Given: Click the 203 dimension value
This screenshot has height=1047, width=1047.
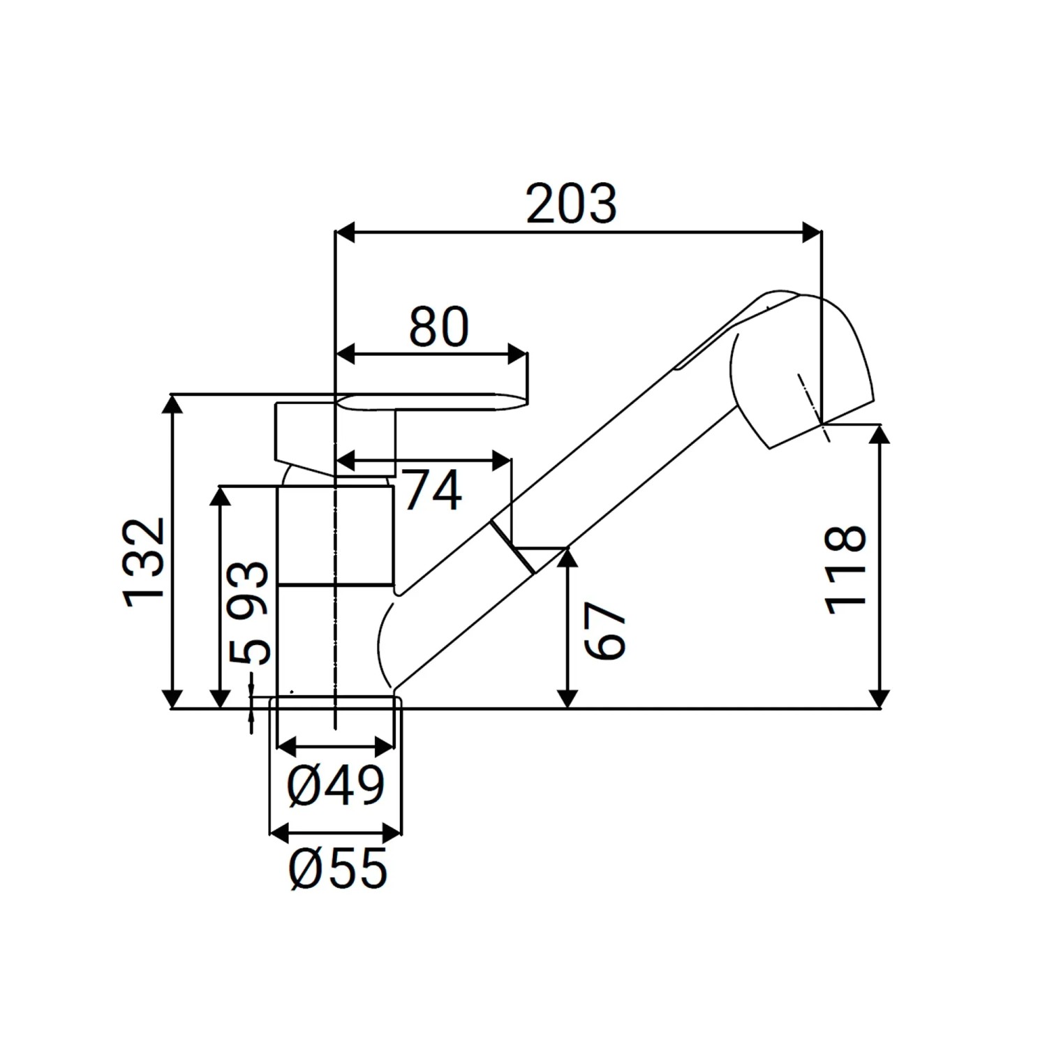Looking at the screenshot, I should tap(571, 204).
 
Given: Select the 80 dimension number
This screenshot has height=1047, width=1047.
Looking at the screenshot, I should tap(438, 327).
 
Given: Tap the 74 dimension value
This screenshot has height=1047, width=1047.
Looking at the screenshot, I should tap(432, 490).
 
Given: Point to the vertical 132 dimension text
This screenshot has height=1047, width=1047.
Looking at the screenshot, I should tap(144, 563).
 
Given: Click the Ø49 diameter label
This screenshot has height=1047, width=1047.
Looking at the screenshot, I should tap(336, 785).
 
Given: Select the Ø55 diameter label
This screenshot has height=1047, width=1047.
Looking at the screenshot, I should tap(338, 869).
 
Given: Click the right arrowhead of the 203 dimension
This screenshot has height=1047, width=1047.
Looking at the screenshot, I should tap(812, 233).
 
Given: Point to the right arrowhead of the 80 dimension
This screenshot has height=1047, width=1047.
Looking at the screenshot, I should tap(517, 354).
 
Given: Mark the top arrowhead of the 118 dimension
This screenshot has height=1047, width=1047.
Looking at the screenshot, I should tap(881, 434).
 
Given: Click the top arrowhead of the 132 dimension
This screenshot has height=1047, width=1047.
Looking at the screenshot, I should tap(172, 405).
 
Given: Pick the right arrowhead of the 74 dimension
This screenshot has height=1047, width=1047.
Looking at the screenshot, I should tap(502, 460).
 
